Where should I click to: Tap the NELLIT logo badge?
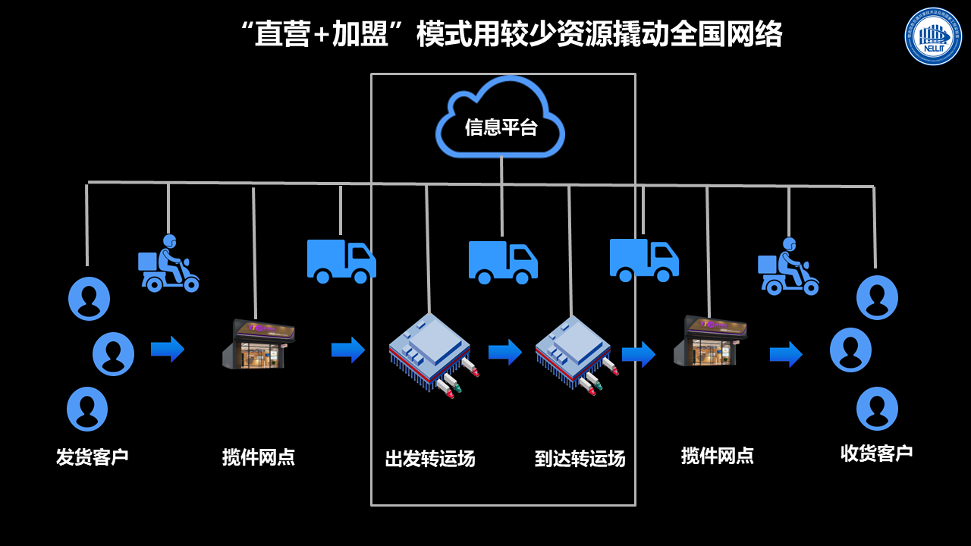(932, 36)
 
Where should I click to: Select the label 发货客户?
(92, 457)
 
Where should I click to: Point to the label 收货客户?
(876, 453)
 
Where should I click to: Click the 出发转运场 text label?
(430, 459)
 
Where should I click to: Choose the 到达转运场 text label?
(580, 459)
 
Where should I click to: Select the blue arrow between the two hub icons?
(504, 352)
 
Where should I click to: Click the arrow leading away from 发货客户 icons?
(167, 349)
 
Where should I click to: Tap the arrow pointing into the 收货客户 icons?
(786, 354)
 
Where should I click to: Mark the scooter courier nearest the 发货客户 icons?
(168, 264)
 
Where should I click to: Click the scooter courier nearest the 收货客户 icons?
(788, 267)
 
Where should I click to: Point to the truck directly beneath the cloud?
(502, 262)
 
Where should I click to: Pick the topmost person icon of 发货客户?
(89, 298)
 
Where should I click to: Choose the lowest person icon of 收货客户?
(877, 408)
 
